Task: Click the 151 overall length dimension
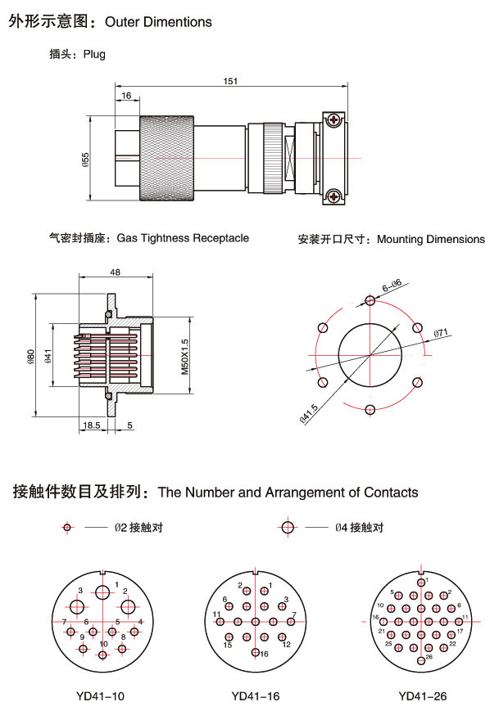[230, 80]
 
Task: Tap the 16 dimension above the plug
[126, 96]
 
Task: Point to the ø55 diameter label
[86, 160]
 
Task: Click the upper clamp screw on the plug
[334, 121]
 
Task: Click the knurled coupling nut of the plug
[167, 159]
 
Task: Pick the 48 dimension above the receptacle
[115, 272]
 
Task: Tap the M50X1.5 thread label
[184, 355]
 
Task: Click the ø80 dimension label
[30, 356]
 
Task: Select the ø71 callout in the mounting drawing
[440, 332]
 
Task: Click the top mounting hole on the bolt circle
[370, 301]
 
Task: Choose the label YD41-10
[101, 697]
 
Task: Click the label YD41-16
[256, 697]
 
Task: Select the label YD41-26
[423, 697]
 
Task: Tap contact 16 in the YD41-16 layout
[256, 652]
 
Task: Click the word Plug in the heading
[93, 55]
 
